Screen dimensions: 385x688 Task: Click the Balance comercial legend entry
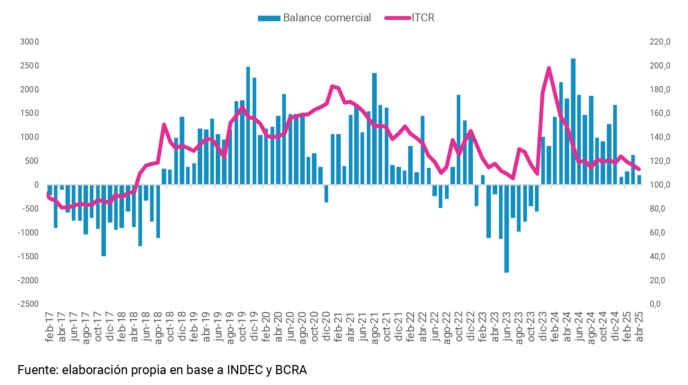coord(314,18)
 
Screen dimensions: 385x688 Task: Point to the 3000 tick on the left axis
coord(29,42)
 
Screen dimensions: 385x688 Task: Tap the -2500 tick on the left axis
coord(28,304)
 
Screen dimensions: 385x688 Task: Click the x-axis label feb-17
coord(50,326)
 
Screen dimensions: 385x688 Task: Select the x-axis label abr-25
coord(639,326)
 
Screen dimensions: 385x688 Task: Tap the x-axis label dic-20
coord(326,326)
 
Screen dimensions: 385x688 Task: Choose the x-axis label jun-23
coord(507,326)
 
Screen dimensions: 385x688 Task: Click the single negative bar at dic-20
coord(326,193)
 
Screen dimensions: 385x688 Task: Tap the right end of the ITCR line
coord(639,169)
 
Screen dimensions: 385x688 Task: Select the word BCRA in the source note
coord(291,370)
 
